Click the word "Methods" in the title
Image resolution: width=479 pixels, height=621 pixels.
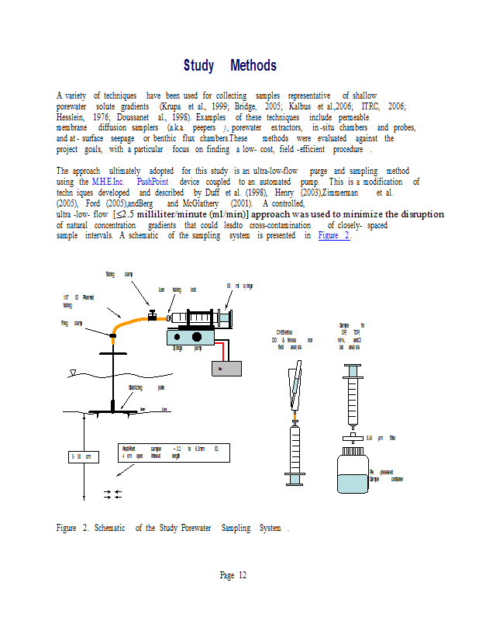click(x=253, y=66)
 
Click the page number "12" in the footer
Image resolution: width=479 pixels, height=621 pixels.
click(x=243, y=575)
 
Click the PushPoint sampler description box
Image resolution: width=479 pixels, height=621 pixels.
click(x=174, y=452)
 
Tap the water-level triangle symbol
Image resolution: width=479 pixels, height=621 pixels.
click(x=72, y=375)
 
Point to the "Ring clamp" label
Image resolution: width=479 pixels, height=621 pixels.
click(x=72, y=323)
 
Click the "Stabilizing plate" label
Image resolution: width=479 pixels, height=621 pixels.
click(x=146, y=387)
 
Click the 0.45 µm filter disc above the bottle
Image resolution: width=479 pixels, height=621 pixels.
click(x=353, y=438)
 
